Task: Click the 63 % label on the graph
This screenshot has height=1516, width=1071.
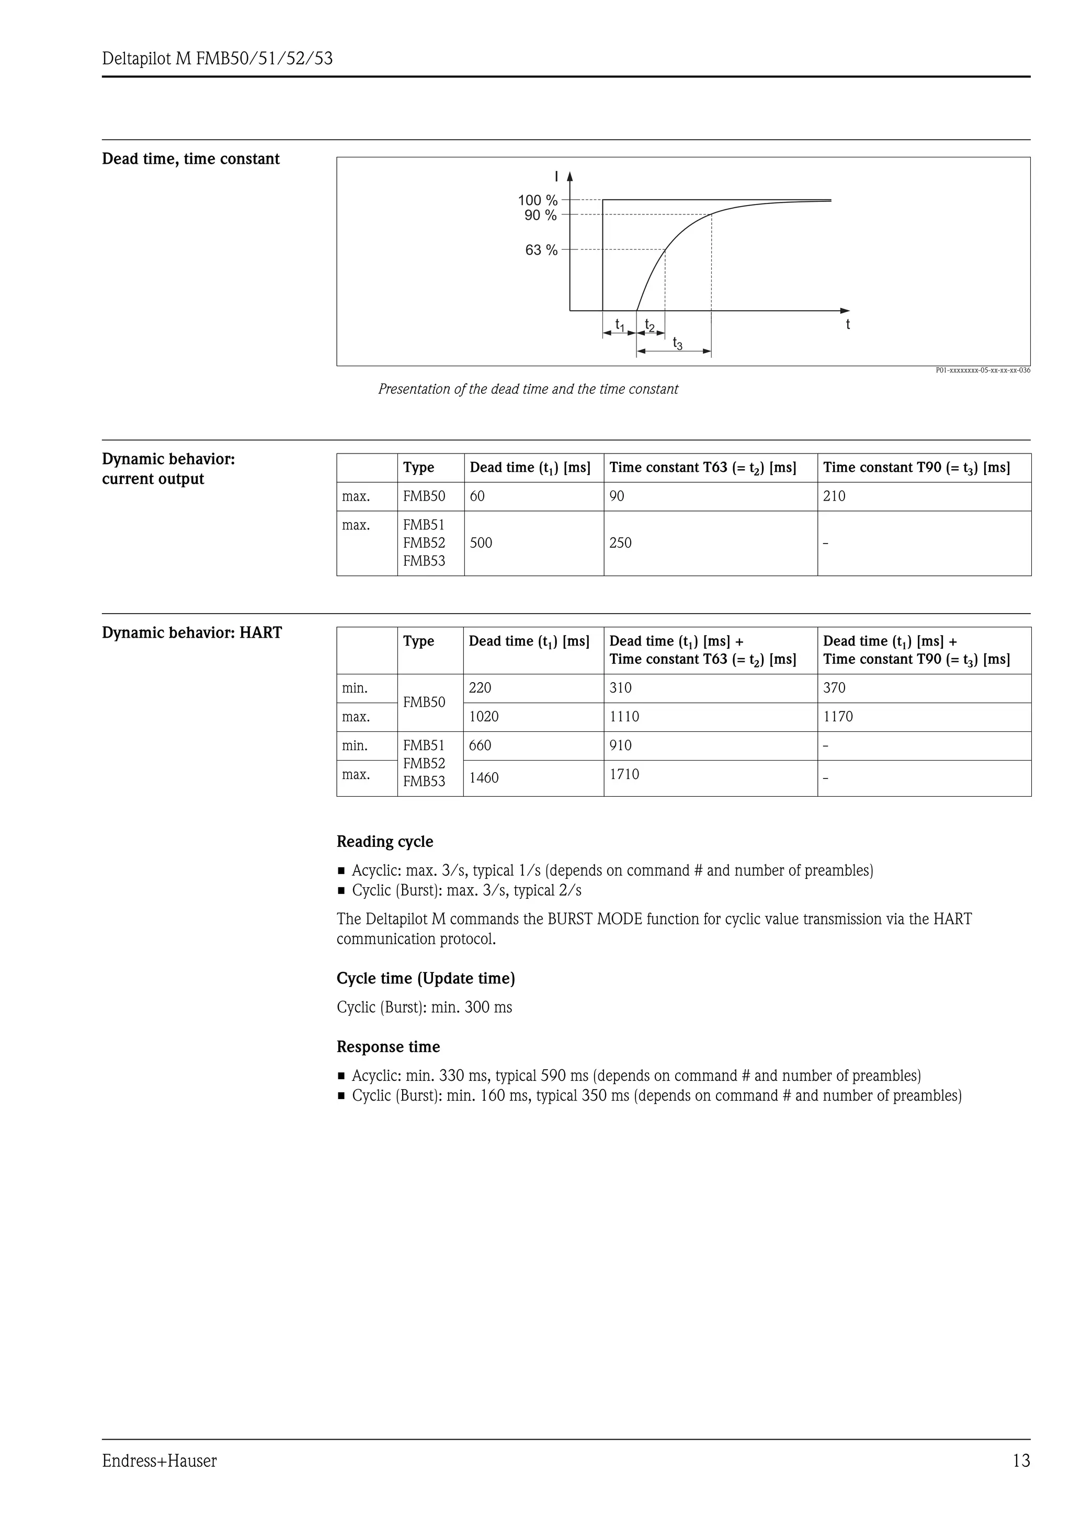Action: [x=541, y=250]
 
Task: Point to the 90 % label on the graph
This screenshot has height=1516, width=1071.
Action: [x=540, y=215]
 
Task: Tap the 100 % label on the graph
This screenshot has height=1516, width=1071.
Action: [x=537, y=200]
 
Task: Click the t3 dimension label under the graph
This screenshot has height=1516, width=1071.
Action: [x=677, y=343]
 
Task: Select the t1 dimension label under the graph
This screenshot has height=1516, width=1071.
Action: [x=620, y=325]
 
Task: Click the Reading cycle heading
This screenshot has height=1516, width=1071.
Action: [x=385, y=842]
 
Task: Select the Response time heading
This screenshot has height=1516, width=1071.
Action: [x=388, y=1047]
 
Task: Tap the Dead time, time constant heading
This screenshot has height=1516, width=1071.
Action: [x=191, y=159]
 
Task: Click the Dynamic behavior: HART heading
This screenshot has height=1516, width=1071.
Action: [x=191, y=633]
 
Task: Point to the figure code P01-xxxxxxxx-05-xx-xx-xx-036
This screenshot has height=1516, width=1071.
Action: [x=983, y=370]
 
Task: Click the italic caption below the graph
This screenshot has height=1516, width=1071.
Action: [x=528, y=390]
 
